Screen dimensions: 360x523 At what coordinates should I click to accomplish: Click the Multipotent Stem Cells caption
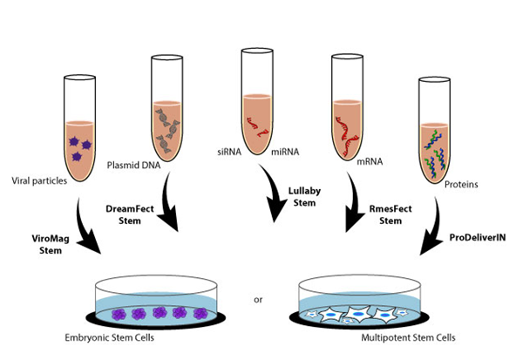coord(380,336)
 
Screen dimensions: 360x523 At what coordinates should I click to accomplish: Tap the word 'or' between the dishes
coord(258,301)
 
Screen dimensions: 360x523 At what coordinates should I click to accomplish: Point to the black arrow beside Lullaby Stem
coord(270,199)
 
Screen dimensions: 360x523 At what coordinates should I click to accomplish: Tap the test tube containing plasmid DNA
coord(166,105)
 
